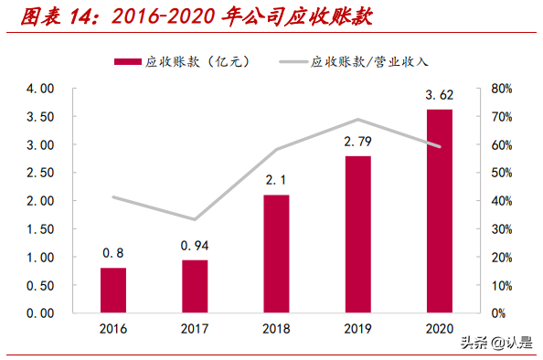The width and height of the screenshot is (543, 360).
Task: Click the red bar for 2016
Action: (x=113, y=290)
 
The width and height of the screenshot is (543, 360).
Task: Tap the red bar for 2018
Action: (x=276, y=253)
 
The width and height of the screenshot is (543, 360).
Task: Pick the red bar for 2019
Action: (x=357, y=234)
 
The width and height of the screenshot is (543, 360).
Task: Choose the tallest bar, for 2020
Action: (x=439, y=211)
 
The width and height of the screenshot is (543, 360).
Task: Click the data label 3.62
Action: (x=439, y=94)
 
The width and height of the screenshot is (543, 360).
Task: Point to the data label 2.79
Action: (x=358, y=143)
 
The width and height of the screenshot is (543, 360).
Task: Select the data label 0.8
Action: (x=113, y=253)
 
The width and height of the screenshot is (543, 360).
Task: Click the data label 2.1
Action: (x=276, y=180)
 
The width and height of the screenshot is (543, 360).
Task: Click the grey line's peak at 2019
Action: (x=357, y=120)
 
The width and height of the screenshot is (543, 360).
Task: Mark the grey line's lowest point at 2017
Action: (x=195, y=219)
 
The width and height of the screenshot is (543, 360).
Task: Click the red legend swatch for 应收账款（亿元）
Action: (x=126, y=62)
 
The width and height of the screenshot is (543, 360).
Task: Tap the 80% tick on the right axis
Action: (x=502, y=89)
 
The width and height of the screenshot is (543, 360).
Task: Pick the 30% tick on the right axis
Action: (x=502, y=229)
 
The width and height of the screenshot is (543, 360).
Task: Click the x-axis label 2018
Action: (x=276, y=329)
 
